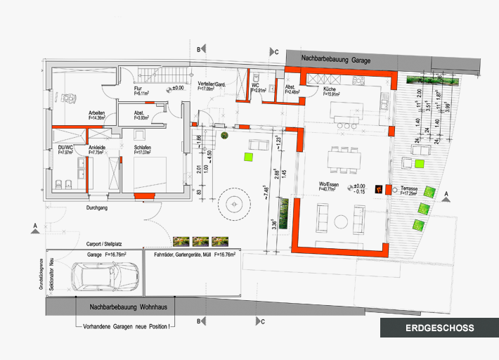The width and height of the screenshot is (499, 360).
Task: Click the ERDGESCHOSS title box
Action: tap(439, 328)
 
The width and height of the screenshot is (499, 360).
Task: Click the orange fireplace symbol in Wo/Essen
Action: tap(378, 188)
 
